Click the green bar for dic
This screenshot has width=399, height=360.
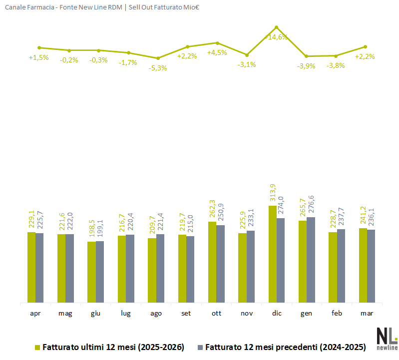[x=273, y=254]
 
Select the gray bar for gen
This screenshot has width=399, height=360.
[x=311, y=260]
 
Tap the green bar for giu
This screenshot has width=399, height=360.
[x=91, y=272]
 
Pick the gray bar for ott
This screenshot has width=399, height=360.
[x=220, y=264]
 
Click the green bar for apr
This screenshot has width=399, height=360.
[x=31, y=267]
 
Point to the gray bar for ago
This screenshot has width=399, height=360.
[x=160, y=268]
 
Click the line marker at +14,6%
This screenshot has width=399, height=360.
[x=276, y=27]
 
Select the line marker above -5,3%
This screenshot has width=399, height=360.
[x=158, y=58]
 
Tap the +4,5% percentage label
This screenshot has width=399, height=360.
[x=217, y=52]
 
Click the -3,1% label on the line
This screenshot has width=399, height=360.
[x=246, y=64]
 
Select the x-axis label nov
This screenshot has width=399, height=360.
[x=246, y=314]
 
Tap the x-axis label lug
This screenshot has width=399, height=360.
[x=126, y=314]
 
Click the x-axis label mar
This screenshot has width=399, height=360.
[x=367, y=314]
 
